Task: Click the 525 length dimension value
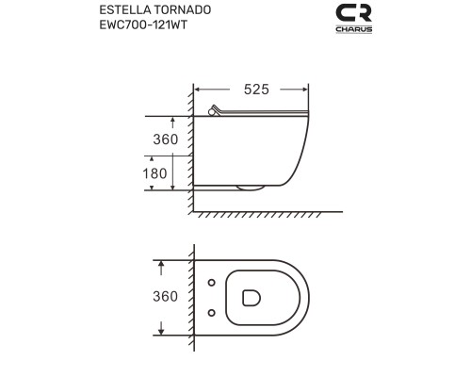(x=252, y=90)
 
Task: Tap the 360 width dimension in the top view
(x=165, y=296)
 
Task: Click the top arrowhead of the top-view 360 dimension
(x=162, y=263)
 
